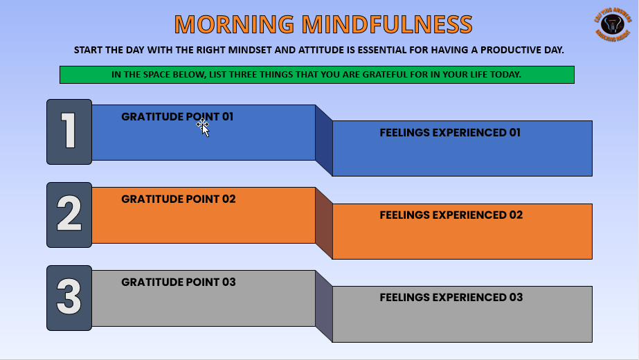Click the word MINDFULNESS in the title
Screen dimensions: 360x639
click(x=387, y=24)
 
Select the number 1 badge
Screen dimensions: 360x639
click(x=69, y=132)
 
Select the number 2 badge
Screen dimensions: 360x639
click(x=69, y=215)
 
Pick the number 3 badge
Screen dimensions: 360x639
click(x=69, y=298)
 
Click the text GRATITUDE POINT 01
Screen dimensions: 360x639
click(x=177, y=117)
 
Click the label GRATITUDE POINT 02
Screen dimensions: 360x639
click(x=178, y=199)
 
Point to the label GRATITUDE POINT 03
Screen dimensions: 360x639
click(x=178, y=282)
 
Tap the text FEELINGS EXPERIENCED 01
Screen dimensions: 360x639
click(x=450, y=133)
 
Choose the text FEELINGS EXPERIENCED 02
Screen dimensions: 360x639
click(x=451, y=215)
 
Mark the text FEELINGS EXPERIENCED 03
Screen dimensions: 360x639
click(x=451, y=298)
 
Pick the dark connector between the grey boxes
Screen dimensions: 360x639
click(x=324, y=305)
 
